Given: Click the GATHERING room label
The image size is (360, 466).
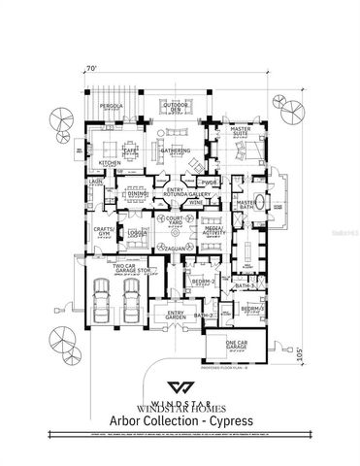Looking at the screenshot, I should click(x=176, y=151).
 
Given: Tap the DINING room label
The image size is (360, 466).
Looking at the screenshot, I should click(x=136, y=195).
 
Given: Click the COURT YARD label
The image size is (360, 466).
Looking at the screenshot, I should click(x=175, y=221).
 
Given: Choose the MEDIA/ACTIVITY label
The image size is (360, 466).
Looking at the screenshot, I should click(x=213, y=231).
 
